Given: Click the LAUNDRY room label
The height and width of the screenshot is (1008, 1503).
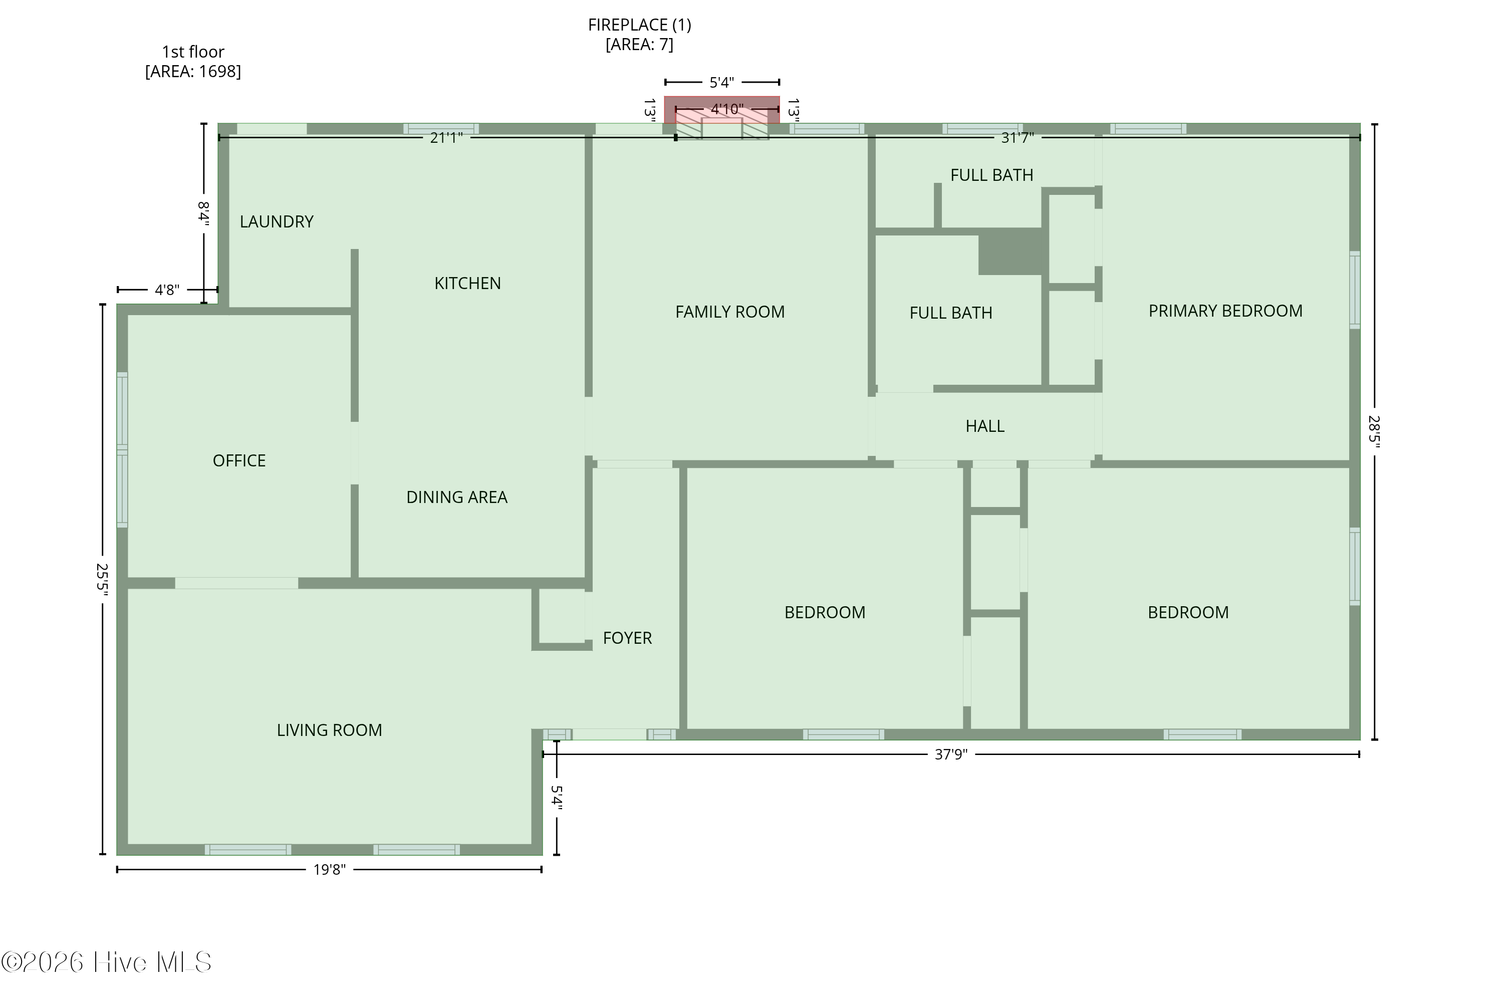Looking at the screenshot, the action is click(x=277, y=222).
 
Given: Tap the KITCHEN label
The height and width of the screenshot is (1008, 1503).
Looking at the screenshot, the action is click(x=467, y=284).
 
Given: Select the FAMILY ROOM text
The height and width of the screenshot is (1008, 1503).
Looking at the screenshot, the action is click(x=729, y=312).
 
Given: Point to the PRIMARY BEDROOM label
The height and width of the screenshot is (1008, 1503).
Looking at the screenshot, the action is click(x=1225, y=311).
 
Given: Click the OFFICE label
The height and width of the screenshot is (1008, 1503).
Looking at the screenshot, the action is click(x=239, y=461).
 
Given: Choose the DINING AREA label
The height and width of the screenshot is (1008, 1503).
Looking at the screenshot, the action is click(x=456, y=497).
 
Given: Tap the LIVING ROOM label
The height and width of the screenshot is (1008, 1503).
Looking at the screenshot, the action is click(x=329, y=730).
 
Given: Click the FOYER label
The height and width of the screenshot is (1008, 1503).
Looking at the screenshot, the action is click(x=627, y=638).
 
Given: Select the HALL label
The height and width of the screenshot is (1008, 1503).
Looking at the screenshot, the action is click(x=985, y=426).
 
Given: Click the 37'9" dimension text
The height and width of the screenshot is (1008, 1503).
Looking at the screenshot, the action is click(x=951, y=754).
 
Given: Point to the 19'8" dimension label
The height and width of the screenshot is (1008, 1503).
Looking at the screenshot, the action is click(x=329, y=870).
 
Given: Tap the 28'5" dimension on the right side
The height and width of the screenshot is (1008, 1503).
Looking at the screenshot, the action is click(x=1374, y=431).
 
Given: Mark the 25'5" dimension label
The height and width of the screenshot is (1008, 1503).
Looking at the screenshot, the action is click(x=102, y=579).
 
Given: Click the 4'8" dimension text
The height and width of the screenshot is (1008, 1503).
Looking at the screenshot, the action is click(x=167, y=290).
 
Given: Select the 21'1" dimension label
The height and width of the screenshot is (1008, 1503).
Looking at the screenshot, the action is click(x=446, y=138).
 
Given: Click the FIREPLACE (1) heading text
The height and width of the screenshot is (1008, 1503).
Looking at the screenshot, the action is click(x=640, y=25).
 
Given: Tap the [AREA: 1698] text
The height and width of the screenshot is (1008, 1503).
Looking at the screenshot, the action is click(x=193, y=71).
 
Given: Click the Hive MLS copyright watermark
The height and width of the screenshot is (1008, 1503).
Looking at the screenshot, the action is click(x=106, y=962).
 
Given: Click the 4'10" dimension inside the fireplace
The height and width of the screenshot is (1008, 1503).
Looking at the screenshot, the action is click(x=727, y=109).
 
